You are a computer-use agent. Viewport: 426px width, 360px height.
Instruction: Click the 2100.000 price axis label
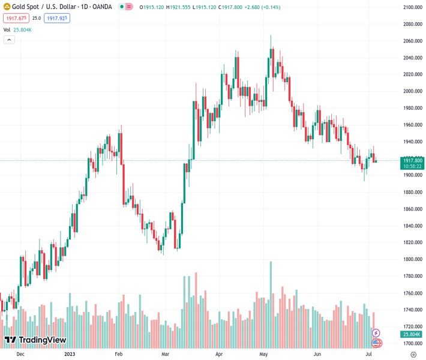[413, 7]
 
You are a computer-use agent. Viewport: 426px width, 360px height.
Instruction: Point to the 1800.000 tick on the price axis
[413, 259]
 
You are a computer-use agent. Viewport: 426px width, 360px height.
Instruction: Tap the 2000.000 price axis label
[413, 91]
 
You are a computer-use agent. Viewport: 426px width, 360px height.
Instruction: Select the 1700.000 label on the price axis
[413, 343]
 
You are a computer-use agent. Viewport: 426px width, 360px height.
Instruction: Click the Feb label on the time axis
[118, 354]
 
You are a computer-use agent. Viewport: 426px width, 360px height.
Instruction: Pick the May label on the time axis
[262, 354]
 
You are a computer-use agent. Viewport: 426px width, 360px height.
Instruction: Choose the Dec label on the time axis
[20, 354]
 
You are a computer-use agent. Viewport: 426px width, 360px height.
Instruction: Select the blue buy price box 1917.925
[57, 18]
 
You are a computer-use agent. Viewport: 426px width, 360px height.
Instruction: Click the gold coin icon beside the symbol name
[7, 7]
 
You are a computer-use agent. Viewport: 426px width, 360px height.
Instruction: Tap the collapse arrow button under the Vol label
[9, 40]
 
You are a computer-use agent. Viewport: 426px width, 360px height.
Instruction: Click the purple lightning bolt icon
[376, 333]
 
